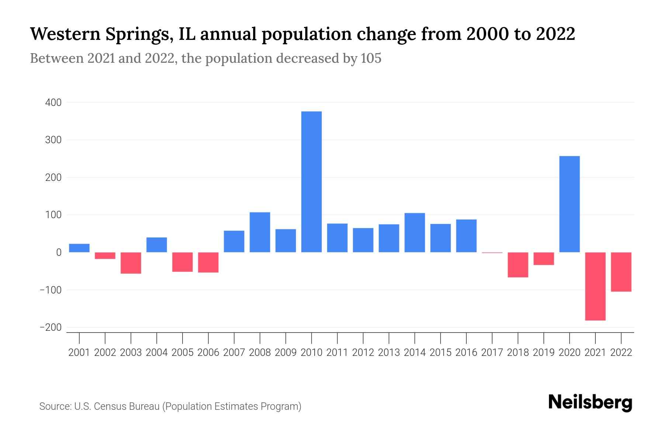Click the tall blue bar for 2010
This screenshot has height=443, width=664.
(x=311, y=182)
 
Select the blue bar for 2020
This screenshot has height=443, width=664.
(x=569, y=204)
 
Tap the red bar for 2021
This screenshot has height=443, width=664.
(x=595, y=286)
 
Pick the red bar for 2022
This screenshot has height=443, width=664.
(x=621, y=272)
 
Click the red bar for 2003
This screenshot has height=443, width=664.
(x=131, y=263)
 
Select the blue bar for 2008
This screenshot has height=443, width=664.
(x=260, y=232)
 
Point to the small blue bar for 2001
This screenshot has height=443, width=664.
(x=79, y=248)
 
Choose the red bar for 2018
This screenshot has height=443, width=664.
(x=518, y=265)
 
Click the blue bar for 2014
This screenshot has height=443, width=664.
(x=415, y=233)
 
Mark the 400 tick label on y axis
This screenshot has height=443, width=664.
(x=53, y=103)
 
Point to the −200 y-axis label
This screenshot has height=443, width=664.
(x=51, y=328)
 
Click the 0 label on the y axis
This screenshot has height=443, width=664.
(x=59, y=253)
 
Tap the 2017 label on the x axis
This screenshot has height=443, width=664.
(x=492, y=353)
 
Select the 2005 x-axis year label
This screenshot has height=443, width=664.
(x=183, y=353)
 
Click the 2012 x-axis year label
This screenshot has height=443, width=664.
(x=363, y=353)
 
